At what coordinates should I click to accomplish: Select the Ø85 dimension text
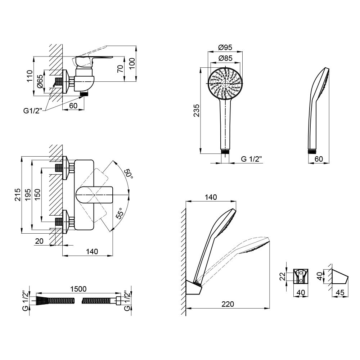[x=225, y=58]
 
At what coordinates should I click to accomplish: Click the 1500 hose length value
[x=78, y=289]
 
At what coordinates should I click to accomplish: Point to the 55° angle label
[x=119, y=215]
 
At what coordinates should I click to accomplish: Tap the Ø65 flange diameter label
[x=40, y=82]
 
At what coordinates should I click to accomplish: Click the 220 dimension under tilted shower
[x=227, y=304]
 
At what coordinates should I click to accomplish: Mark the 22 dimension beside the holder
[x=283, y=276]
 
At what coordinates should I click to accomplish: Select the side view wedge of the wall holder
[x=338, y=277]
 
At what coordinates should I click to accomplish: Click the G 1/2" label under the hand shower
[x=251, y=159]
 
